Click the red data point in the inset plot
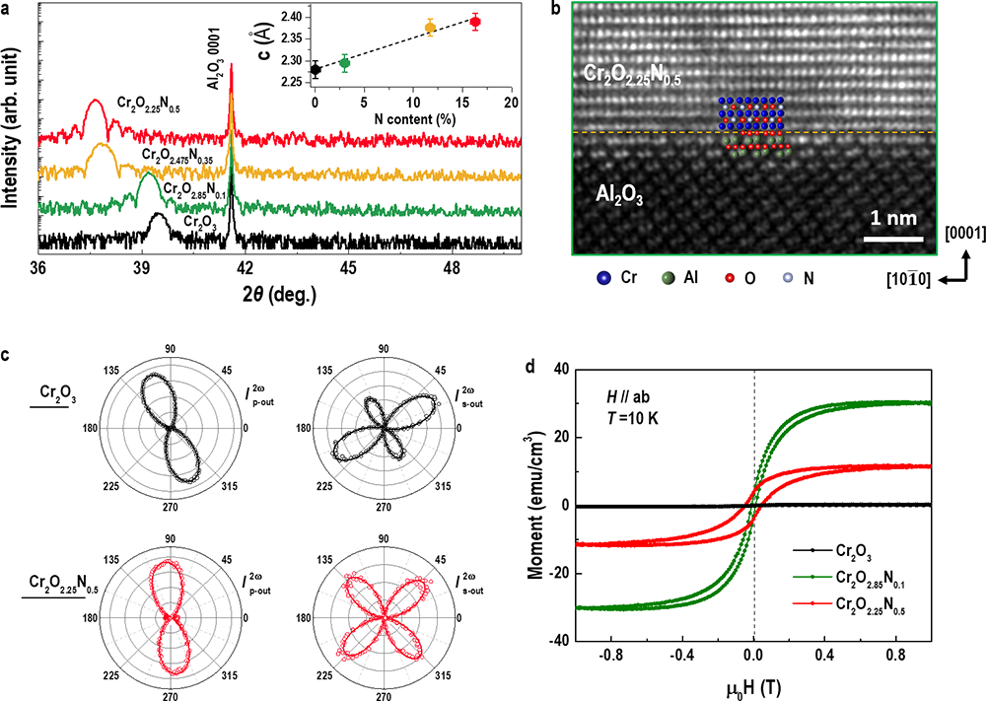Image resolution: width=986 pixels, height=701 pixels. (475, 22)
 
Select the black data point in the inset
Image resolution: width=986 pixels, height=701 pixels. (315, 69)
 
